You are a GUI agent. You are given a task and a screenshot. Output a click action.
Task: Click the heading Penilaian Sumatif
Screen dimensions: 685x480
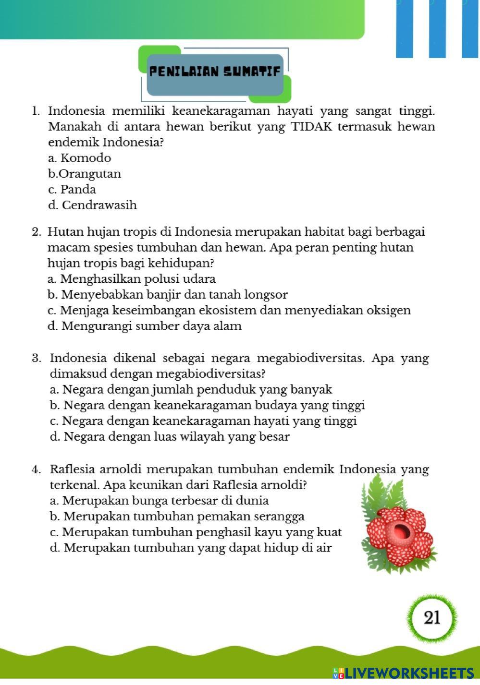(214, 72)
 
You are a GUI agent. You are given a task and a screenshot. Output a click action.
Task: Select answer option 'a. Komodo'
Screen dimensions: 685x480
(80, 158)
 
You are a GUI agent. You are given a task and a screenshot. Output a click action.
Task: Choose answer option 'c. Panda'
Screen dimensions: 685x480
(72, 190)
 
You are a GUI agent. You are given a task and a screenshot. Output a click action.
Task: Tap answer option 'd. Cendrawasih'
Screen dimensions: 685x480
(93, 205)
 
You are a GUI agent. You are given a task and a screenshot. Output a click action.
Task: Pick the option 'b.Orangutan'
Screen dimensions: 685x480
(85, 174)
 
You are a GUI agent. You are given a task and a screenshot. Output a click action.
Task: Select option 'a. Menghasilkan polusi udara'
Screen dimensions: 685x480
(132, 279)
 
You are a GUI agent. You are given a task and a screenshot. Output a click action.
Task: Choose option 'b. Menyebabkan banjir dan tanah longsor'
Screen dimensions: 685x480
(168, 295)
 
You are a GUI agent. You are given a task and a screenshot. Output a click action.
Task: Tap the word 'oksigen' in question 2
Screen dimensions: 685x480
(388, 311)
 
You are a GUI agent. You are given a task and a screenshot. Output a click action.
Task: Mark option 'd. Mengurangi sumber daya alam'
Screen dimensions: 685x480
(145, 326)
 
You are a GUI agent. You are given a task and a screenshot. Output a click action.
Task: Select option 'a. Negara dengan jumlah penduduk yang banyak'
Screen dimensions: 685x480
(191, 390)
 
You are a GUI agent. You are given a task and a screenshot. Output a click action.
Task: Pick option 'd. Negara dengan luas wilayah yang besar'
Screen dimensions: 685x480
(170, 437)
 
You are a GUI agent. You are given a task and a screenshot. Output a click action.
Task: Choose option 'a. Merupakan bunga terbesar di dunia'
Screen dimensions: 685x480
(159, 501)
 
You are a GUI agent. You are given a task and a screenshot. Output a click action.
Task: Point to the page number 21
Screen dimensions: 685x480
(432, 617)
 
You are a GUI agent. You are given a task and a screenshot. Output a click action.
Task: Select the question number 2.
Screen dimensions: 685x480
(36, 232)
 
